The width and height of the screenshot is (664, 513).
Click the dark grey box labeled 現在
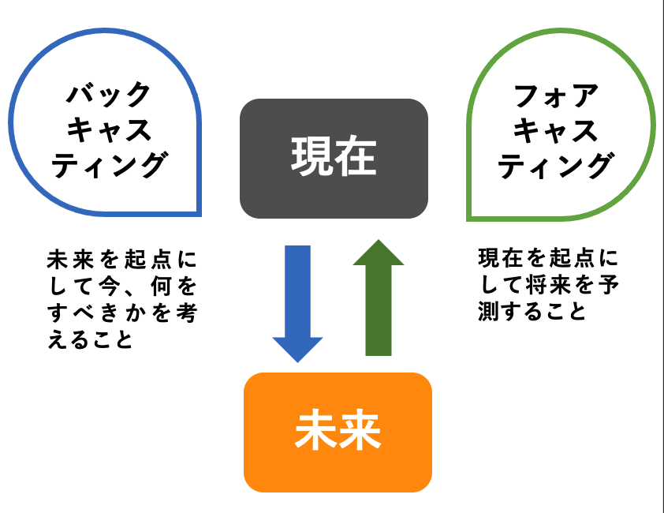tap(334, 159)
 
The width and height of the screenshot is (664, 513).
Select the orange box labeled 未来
tap(338, 432)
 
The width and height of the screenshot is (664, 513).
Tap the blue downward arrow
tap(298, 304)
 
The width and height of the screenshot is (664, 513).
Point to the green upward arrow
tap(379, 298)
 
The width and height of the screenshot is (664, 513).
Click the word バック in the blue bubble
tap(108, 94)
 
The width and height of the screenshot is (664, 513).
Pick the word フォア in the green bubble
tap(556, 95)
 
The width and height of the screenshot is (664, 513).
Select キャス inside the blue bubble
tap(109, 129)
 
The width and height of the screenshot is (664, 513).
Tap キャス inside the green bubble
tap(556, 130)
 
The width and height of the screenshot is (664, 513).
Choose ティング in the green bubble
tap(557, 166)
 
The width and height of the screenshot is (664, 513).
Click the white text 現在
tap(334, 156)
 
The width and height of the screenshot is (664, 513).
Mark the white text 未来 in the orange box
tap(338, 429)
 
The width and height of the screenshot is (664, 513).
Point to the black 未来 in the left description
tap(70, 260)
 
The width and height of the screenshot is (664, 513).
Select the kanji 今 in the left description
tap(109, 286)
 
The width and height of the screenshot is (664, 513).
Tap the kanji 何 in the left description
tap(161, 286)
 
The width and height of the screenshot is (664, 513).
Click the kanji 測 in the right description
tap(488, 311)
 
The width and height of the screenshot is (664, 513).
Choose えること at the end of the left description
tap(90, 339)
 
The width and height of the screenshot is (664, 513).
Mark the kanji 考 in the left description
tap(187, 313)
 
